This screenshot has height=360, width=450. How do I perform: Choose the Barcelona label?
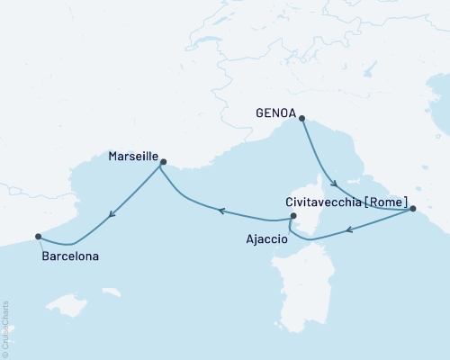pyautogui.click(x=70, y=256)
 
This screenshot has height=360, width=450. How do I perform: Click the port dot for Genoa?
pyautogui.click(x=301, y=118)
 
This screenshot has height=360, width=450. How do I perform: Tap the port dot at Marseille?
pyautogui.click(x=163, y=162)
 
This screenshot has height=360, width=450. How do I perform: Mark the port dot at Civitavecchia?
pyautogui.click(x=412, y=209)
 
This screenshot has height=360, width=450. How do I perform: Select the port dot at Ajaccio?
pyautogui.click(x=292, y=216)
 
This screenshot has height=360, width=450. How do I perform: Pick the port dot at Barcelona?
pyautogui.click(x=38, y=237)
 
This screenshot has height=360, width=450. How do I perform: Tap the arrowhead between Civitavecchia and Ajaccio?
pyautogui.click(x=349, y=230)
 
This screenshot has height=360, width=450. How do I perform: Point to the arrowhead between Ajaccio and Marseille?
pyautogui.click(x=220, y=211)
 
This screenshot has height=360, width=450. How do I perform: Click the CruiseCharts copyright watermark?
pyautogui.click(x=5, y=328)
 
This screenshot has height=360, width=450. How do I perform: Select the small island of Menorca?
pyautogui.click(x=112, y=292)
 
